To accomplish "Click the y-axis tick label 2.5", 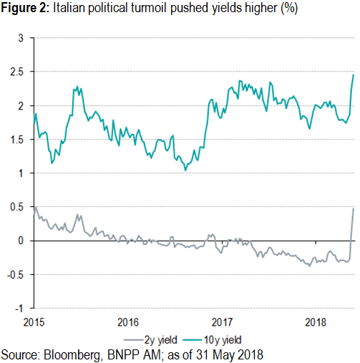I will coord(19,72).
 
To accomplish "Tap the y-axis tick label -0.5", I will coord(17,275).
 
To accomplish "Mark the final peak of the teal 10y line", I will coord(353,74).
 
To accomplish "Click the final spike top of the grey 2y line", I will coord(353,208).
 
